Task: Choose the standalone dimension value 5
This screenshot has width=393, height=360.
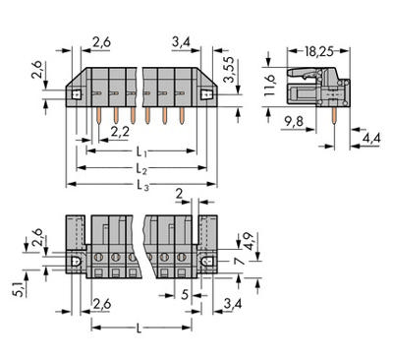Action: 187,293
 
